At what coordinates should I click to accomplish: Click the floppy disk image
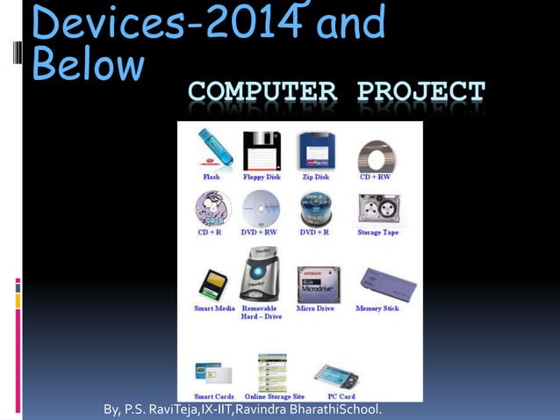pyautogui.click(x=261, y=151)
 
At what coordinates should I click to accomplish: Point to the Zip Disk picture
pyautogui.click(x=315, y=151)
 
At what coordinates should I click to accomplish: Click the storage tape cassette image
pyautogui.click(x=378, y=210)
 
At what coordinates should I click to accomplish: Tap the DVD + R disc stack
pyautogui.click(x=315, y=209)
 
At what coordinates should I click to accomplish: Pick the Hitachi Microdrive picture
pyautogui.click(x=318, y=284)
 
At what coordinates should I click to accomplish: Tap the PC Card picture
pyautogui.click(x=336, y=376)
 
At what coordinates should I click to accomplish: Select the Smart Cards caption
pyautogui.click(x=213, y=397)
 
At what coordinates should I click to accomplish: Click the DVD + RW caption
pyautogui.click(x=261, y=233)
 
